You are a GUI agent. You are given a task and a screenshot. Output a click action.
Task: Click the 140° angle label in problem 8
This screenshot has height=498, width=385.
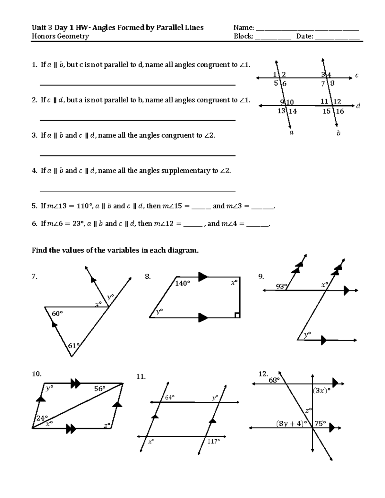coord(183,283)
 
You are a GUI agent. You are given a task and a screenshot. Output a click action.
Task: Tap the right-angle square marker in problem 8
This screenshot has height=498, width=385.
coord(237,315)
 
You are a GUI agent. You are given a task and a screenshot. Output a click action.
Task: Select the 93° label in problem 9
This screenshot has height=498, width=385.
coord(281,286)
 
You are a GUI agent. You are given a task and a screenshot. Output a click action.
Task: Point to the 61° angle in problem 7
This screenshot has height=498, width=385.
coord(73,346)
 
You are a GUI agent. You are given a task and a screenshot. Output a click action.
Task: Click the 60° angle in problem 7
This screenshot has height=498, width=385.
coord(57,314)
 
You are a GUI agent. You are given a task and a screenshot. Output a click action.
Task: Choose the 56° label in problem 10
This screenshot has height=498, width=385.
coord(99,389)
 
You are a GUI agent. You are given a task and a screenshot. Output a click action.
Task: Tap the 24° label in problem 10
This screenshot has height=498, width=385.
coord(42,418)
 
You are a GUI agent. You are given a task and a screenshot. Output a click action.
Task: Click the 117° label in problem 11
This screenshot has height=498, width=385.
coord(213,441)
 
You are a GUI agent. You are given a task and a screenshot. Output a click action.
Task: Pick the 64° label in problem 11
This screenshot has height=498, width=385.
coord(170,397)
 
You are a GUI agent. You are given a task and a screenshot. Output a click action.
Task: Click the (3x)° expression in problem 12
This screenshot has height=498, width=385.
coord(321,391)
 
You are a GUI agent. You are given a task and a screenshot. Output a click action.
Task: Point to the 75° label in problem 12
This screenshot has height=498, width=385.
coord(320,423)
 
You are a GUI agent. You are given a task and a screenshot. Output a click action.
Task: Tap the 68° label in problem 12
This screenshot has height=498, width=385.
coord(274,380)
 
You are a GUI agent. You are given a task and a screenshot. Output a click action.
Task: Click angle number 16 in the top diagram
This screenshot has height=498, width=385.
coord(340,111)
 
